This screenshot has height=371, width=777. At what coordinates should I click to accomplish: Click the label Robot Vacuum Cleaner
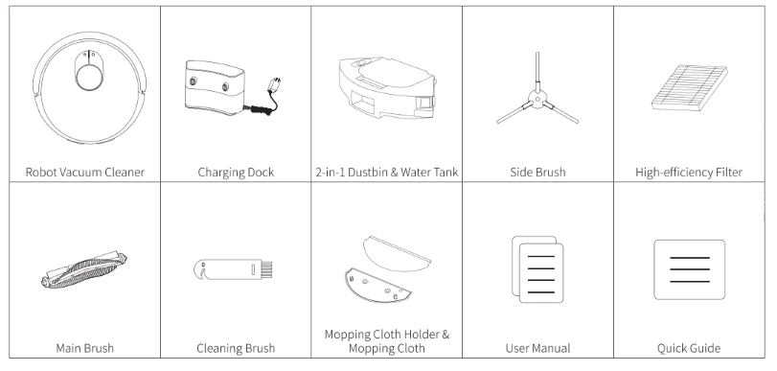click(x=84, y=173)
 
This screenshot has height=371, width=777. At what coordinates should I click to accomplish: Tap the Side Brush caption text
click(x=538, y=174)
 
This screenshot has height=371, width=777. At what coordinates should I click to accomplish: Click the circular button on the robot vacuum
click(x=85, y=76)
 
